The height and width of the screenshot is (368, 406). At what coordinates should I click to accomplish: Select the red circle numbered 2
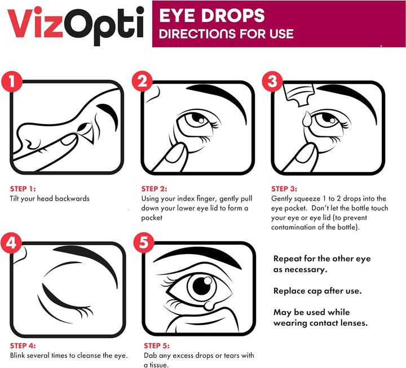coord(143,81)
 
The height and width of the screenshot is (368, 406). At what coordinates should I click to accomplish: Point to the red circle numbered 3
coord(273,81)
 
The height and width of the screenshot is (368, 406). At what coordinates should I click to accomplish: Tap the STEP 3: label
coord(285,189)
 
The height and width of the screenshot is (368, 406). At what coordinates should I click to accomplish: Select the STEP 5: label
coord(157,345)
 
